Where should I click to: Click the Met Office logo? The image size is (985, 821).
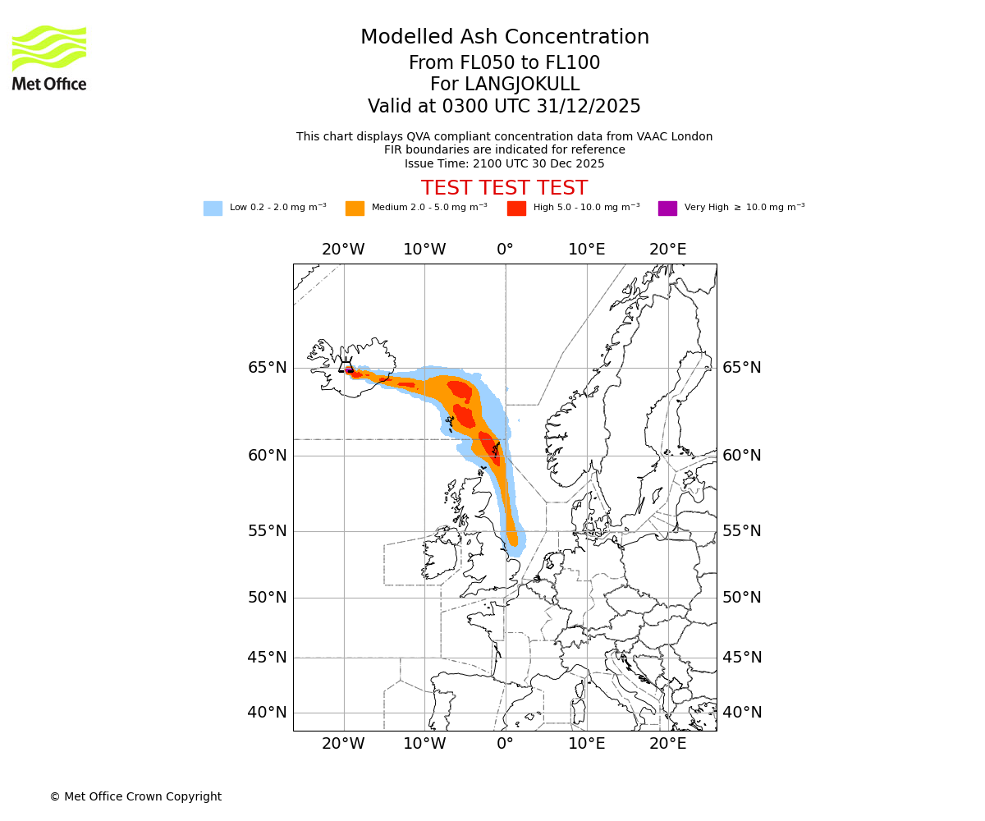click(49, 57)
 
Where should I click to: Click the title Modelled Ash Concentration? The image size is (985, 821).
click(504, 37)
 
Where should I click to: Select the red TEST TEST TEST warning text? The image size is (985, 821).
click(504, 188)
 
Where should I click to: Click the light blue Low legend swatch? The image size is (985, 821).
click(213, 209)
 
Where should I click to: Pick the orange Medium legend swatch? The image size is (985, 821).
click(355, 209)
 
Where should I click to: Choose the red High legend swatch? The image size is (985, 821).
click(516, 209)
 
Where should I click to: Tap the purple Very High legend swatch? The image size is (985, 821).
click(667, 209)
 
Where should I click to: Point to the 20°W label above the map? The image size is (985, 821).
click(343, 250)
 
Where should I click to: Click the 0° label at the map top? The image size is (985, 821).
click(505, 250)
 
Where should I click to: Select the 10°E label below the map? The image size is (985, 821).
click(586, 745)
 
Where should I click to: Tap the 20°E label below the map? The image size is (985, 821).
click(667, 745)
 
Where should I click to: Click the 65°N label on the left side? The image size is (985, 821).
click(268, 368)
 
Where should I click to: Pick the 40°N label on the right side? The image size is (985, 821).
click(741, 713)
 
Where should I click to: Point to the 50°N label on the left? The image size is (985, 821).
click(268, 598)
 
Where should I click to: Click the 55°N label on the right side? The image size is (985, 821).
click(741, 531)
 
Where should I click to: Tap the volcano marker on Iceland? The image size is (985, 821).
click(346, 367)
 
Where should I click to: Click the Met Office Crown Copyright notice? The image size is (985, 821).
click(135, 796)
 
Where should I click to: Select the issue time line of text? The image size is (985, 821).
click(504, 163)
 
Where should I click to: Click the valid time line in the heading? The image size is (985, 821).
click(504, 106)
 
